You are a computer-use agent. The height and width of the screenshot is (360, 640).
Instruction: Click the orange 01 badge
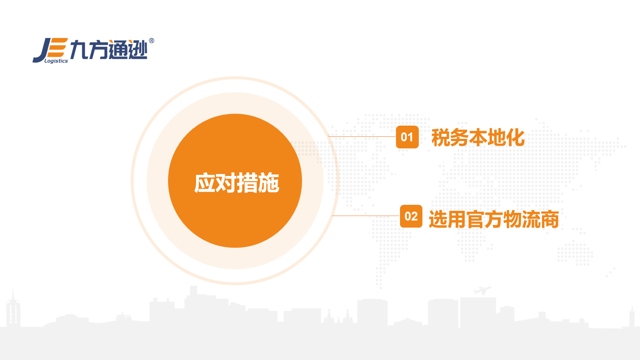(407, 137)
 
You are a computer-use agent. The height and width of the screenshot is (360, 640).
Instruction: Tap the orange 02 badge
(411, 216)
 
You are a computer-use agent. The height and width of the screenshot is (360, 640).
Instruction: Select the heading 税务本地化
(478, 138)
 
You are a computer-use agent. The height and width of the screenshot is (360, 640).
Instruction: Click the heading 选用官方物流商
(494, 219)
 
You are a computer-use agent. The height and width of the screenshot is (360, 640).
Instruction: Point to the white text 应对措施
(236, 183)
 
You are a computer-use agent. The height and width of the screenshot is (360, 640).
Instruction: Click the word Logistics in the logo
(56, 61)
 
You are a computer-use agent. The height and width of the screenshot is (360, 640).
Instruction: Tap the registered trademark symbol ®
(152, 41)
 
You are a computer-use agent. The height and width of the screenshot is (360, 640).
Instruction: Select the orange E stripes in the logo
(58, 48)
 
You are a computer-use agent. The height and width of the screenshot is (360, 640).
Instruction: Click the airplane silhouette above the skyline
(482, 290)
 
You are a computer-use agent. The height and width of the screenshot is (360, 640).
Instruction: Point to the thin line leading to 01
(362, 136)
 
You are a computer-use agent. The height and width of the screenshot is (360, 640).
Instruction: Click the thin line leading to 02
(366, 216)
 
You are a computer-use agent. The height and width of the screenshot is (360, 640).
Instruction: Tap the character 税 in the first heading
(440, 138)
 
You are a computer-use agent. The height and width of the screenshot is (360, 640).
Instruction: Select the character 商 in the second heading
(550, 220)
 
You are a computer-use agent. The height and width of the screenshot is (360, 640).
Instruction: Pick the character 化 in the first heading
(516, 138)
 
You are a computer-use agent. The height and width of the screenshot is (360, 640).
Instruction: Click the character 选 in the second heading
(438, 220)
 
